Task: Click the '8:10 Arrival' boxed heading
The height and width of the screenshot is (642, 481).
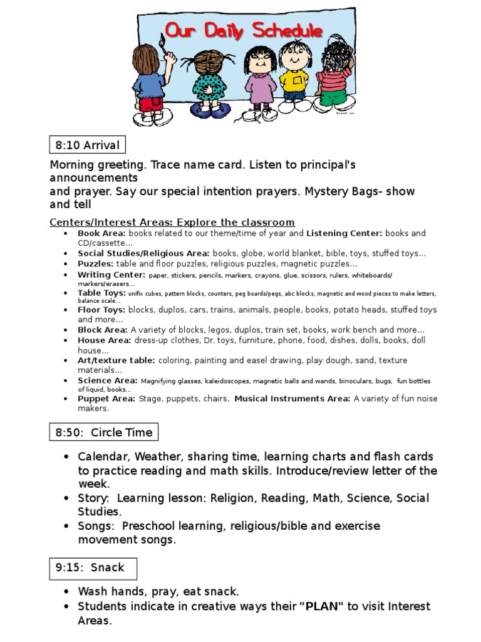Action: [87, 145]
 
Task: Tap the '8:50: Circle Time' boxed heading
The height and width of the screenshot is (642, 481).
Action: [103, 432]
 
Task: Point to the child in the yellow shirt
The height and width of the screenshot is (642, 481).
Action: [292, 78]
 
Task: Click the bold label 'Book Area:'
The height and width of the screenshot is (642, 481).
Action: [102, 233]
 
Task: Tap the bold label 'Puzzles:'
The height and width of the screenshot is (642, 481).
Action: [96, 264]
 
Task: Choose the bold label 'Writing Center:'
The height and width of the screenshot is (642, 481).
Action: [111, 275]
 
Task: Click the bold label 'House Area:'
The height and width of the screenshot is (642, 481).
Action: [104, 340]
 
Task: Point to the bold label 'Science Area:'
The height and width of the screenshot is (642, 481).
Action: [107, 381]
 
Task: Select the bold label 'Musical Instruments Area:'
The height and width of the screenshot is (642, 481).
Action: [292, 399]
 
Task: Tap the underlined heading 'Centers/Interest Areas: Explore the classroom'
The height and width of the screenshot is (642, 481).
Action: [172, 223]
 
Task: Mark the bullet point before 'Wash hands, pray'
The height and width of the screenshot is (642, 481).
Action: [66, 592]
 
